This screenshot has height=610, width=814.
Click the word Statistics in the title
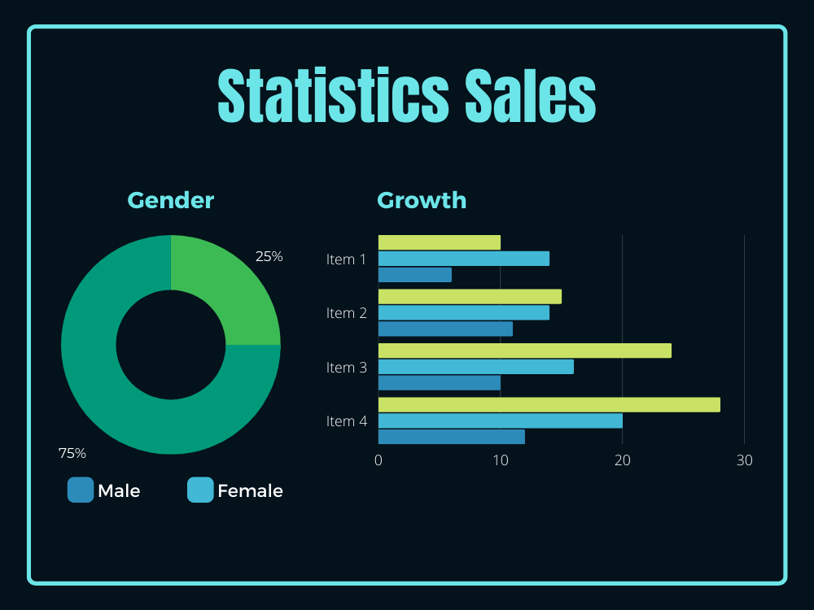point(333,95)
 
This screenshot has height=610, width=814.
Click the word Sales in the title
point(530,95)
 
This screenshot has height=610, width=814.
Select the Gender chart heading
point(171,200)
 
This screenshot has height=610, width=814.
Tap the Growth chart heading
point(422,200)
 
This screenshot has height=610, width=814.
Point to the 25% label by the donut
point(269,256)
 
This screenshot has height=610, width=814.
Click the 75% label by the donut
point(72,453)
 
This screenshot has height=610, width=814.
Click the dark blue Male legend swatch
point(81,490)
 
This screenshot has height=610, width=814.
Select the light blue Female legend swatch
point(200,490)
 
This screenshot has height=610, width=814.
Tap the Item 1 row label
point(346,259)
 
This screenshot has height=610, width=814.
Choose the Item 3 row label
point(346,368)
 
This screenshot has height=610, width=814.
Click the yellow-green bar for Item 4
point(549,404)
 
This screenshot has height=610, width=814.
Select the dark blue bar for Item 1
point(415,275)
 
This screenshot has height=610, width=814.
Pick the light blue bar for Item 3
point(476,367)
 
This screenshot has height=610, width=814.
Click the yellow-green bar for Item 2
point(470,297)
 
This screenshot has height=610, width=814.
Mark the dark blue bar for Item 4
point(452,437)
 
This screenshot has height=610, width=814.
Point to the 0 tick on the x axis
point(379,460)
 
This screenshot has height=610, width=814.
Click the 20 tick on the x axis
point(623,460)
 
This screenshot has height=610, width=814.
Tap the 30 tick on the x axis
point(745,460)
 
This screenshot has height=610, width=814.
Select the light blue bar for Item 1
point(464,259)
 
